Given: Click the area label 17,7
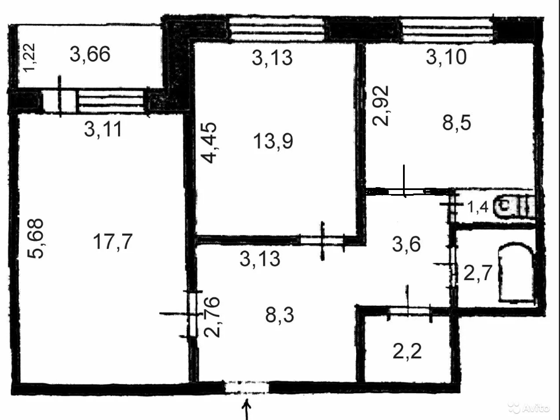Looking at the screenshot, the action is (x=112, y=243).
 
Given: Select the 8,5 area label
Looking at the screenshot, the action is (x=457, y=123).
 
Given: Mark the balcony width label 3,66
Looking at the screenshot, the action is (x=90, y=55).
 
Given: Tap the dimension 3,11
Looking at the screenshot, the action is (x=103, y=130).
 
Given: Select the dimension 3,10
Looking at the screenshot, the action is (x=446, y=57).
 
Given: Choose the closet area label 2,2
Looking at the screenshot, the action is (x=407, y=352).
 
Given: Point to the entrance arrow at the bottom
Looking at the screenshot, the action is (x=247, y=409).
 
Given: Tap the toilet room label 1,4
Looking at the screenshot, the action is (x=478, y=207).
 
